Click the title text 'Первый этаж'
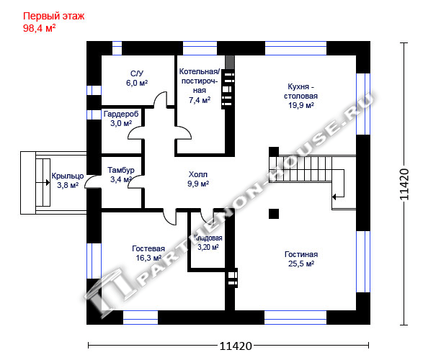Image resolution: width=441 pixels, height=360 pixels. pyautogui.click(x=53, y=17)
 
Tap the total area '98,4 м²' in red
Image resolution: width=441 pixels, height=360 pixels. pyautogui.click(x=40, y=28)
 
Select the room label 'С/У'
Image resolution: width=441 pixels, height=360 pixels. pyautogui.click(x=137, y=73)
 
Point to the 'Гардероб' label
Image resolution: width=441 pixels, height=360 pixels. pyautogui.click(x=121, y=114)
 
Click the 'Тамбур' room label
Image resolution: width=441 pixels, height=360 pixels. pyautogui.click(x=121, y=171)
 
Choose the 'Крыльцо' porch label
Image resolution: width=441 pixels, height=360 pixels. pyautogui.click(x=68, y=176)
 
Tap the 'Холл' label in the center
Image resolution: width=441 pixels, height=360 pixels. pyautogui.click(x=198, y=174)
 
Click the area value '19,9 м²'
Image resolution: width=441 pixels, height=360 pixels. pyautogui.click(x=301, y=105)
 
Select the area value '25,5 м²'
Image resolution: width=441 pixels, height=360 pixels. pyautogui.click(x=301, y=264)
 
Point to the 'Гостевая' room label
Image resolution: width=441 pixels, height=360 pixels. pyautogui.click(x=148, y=248)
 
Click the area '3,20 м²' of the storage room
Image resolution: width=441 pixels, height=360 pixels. pyautogui.click(x=208, y=247)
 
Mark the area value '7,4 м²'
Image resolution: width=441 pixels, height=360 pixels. pyautogui.click(x=200, y=100)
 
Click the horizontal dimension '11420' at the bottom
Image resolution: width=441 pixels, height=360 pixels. pyautogui.click(x=236, y=346)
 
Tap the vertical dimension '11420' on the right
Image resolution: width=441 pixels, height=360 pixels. pyautogui.click(x=404, y=184)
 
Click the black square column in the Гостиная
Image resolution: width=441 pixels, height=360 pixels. pyautogui.click(x=274, y=214)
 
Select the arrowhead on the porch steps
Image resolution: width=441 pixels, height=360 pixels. pyautogui.click(x=48, y=183)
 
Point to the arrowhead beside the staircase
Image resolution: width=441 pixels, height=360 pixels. pyautogui.click(x=334, y=197)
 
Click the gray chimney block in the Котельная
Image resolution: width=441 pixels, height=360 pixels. pyautogui.click(x=230, y=62)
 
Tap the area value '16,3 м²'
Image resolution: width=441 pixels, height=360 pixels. pyautogui.click(x=148, y=258)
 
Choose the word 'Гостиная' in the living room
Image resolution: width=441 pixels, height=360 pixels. pyautogui.click(x=301, y=254)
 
